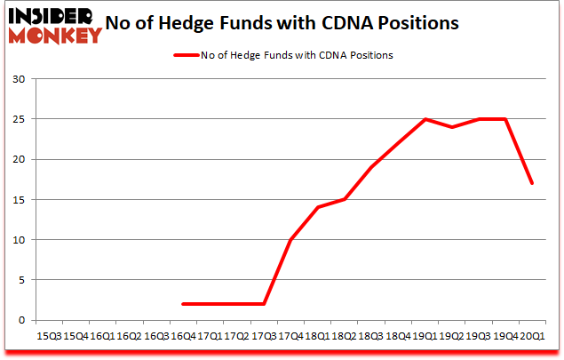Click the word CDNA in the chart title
358,23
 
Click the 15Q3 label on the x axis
50,338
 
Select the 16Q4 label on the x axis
183,338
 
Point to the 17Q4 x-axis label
290,338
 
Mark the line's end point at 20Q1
532,184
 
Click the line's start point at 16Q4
183,304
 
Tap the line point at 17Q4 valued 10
290,240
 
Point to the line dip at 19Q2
452,127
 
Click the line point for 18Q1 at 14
317,208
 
